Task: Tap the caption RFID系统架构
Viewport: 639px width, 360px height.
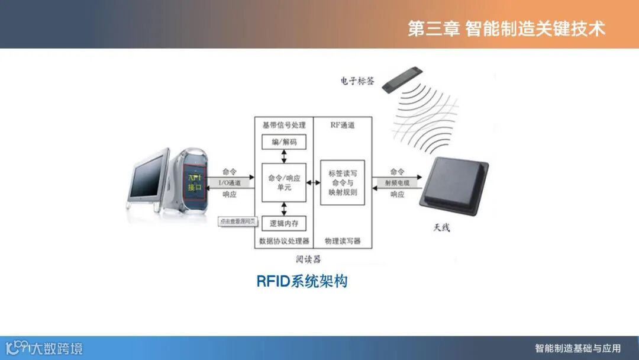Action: click(x=302, y=281)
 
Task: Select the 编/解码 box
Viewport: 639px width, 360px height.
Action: click(x=283, y=142)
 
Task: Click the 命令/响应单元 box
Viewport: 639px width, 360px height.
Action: click(x=283, y=182)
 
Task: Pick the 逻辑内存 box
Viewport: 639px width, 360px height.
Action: click(x=283, y=223)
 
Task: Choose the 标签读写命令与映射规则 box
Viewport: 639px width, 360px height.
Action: click(x=343, y=182)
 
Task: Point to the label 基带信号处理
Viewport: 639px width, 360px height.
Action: click(x=284, y=125)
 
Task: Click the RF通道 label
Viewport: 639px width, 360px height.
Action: click(x=343, y=125)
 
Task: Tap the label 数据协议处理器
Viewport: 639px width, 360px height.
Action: click(x=284, y=241)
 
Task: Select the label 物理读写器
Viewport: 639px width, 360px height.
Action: click(x=343, y=241)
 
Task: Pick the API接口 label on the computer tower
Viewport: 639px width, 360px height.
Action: click(x=195, y=182)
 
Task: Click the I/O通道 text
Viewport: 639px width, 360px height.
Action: click(x=230, y=182)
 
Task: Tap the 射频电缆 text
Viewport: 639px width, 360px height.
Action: click(x=397, y=183)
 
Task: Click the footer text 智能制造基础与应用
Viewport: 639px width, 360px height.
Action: click(x=577, y=348)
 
